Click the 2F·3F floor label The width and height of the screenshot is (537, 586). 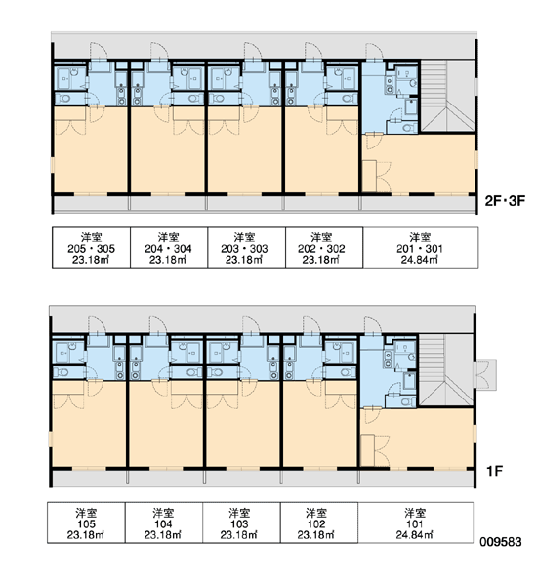pos(505,201)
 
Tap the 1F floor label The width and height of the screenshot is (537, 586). pos(494,471)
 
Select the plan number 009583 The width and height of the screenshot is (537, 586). pos(501,541)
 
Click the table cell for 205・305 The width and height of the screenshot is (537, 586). pos(91,247)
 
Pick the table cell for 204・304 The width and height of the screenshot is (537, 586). pos(169,247)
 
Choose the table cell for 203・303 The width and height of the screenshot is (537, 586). pos(247,247)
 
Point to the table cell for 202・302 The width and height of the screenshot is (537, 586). pos(324,247)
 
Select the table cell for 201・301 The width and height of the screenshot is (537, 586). pos(420,247)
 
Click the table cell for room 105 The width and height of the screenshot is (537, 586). pos(86,523)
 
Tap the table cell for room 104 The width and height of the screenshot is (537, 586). pos(164,523)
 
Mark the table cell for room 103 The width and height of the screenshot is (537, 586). pos(241,523)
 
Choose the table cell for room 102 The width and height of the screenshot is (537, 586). pos(319,523)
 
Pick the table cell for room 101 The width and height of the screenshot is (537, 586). pos(416,523)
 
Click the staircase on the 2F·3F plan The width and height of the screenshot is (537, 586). pos(447,96)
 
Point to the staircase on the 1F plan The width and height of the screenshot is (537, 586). pos(445,370)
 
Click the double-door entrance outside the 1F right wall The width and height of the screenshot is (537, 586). pos(485,375)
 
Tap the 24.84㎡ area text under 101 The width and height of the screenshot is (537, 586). pos(415,535)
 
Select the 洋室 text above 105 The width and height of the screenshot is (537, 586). pos(86,513)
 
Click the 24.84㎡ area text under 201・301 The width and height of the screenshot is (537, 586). pos(420,260)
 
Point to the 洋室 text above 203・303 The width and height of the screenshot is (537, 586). pos(245,237)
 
